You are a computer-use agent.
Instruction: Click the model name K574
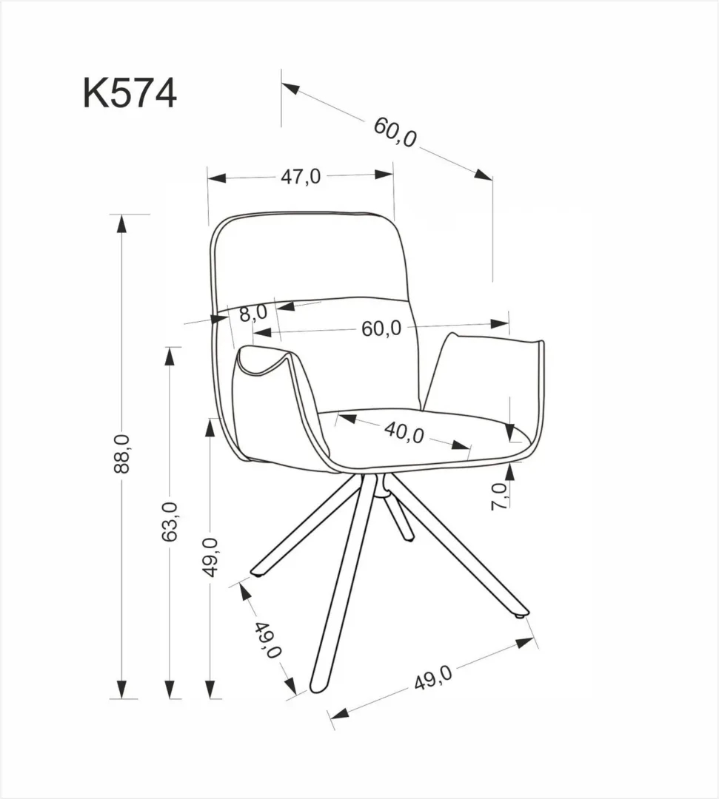pos(130,94)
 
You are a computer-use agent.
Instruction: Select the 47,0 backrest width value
pos(300,177)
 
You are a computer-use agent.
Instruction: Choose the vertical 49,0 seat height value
pos(213,556)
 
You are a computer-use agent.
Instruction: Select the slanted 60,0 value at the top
pos(395,131)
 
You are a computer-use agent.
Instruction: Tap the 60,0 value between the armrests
pos(381,328)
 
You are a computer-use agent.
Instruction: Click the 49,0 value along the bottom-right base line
pos(432,678)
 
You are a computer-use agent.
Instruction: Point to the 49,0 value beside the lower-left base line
pos(268,640)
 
